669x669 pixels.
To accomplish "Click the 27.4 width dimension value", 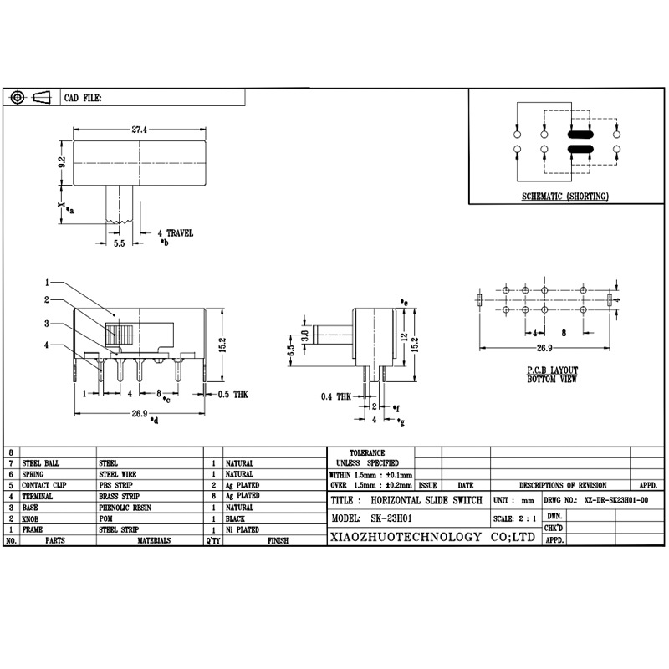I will tap(139, 130).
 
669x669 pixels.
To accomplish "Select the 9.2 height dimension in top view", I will tap(61, 164).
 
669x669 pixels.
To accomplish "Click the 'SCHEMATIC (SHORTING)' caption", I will tap(565, 197).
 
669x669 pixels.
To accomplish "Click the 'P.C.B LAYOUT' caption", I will tap(552, 370).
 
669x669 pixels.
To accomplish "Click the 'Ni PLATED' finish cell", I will tap(241, 529).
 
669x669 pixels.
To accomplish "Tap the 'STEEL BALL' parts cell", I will tap(41, 462).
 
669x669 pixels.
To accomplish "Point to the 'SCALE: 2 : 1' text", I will tap(515, 518).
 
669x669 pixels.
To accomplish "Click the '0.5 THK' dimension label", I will tap(233, 393).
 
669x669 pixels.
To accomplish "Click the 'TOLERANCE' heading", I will tap(367, 452).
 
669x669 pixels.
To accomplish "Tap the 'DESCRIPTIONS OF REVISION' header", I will tap(563, 485).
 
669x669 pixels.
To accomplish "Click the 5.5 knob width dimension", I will tap(120, 244).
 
